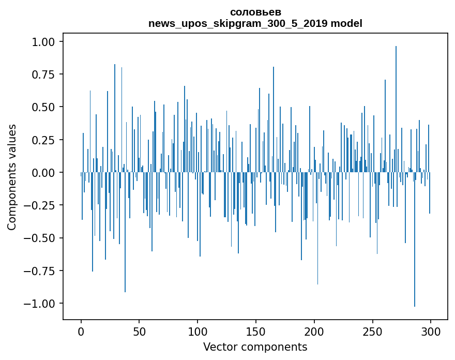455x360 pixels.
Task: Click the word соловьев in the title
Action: (x=255, y=12)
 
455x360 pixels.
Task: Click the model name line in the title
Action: (x=255, y=23)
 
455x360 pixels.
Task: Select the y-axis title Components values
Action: (x=12, y=177)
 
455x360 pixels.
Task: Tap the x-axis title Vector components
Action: (x=255, y=347)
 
